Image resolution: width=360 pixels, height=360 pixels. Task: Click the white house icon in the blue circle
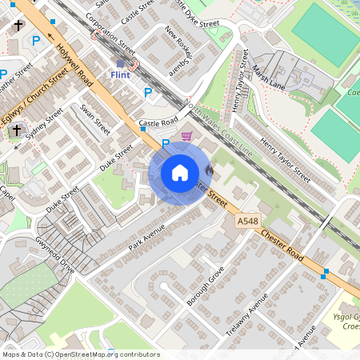[x=180, y=172]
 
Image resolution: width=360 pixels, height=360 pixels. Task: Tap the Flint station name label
[x=120, y=75]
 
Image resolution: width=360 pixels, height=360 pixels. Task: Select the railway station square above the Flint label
[x=120, y=63]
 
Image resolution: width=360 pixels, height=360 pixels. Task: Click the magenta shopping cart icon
[x=187, y=137]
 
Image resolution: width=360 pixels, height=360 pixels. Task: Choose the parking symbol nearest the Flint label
[x=147, y=93]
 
